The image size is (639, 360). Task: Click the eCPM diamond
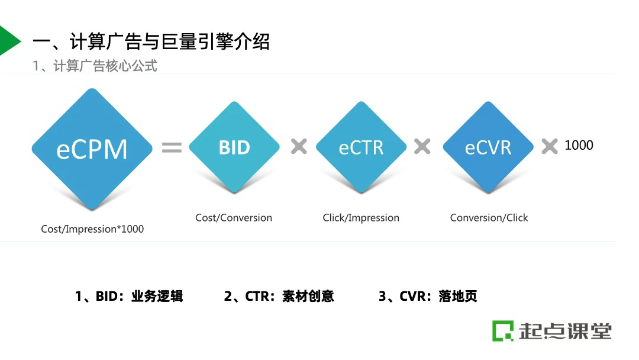point(92,149)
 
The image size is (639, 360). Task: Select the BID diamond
point(234,147)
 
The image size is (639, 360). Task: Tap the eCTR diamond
point(361,147)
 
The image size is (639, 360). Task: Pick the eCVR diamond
point(488,147)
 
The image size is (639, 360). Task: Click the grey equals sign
point(172,147)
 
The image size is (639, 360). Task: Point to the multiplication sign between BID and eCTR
point(299,146)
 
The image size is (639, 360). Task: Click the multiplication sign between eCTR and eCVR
point(422,146)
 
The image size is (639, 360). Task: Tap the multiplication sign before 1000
point(550,146)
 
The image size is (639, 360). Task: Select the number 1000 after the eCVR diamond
point(579,145)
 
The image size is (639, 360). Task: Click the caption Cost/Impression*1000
point(92,229)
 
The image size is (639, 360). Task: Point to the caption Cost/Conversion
point(234,218)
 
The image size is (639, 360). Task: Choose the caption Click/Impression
point(361,218)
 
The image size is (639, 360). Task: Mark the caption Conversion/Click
point(489,218)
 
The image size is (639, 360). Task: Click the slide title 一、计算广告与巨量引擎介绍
point(151,42)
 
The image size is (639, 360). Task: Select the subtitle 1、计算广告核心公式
point(95,66)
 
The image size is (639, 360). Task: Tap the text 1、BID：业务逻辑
point(129,296)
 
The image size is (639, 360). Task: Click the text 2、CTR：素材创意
point(279,296)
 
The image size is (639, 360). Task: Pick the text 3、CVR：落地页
point(428,296)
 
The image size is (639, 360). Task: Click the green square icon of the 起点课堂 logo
point(503,330)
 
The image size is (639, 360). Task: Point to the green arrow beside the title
point(8,41)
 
